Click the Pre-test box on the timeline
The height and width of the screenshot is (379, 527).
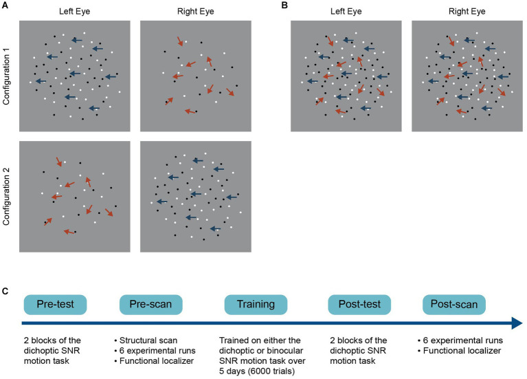pyautogui.click(x=54, y=304)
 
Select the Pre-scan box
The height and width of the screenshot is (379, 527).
pyautogui.click(x=150, y=304)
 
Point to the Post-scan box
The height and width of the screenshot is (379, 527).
pyautogui.click(x=453, y=304)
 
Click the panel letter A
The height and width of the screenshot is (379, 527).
pyautogui.click(x=5, y=6)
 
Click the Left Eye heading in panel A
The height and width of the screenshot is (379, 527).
pyautogui.click(x=75, y=12)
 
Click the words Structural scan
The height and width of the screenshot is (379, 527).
pyautogui.click(x=148, y=339)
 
